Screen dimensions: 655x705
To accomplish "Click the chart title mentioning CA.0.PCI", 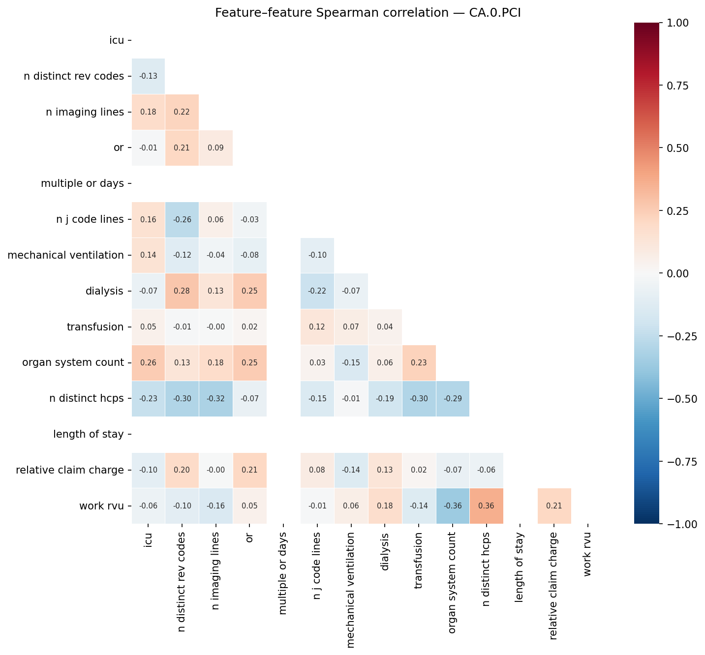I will pyautogui.click(x=368, y=13).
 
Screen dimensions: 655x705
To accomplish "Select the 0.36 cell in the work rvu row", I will pyautogui.click(x=486, y=506).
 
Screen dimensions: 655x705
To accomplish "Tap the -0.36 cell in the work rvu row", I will pyautogui.click(x=453, y=506).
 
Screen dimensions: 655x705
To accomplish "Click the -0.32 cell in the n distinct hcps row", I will pyautogui.click(x=215, y=398).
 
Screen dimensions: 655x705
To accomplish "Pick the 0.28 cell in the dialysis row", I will pyautogui.click(x=182, y=291).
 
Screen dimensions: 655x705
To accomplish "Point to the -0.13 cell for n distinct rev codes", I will pyautogui.click(x=148, y=76).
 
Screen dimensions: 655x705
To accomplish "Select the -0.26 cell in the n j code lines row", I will pyautogui.click(x=182, y=219).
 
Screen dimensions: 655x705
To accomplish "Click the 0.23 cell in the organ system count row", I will pyautogui.click(x=419, y=363).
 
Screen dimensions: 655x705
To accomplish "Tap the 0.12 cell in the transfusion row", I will pyautogui.click(x=317, y=327).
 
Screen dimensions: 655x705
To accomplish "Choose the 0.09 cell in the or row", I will pyautogui.click(x=215, y=148).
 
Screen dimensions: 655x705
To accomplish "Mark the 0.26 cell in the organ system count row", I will pyautogui.click(x=148, y=363).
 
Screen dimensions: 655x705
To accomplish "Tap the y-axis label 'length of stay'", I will pyautogui.click(x=88, y=434).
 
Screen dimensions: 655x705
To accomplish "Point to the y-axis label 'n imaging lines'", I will pyautogui.click(x=85, y=112).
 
